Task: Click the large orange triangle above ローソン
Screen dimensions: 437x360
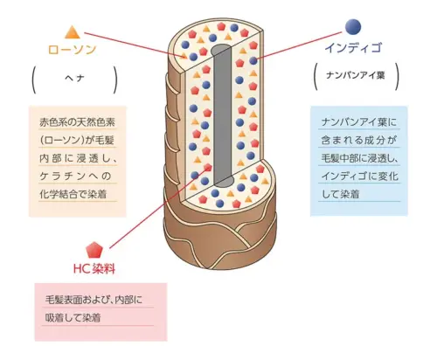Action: click(73, 32)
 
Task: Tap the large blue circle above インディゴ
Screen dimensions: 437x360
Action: click(353, 27)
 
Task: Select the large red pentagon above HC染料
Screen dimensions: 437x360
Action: click(94, 250)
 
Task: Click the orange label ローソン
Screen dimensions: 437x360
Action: click(72, 50)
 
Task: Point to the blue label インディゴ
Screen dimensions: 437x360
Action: click(353, 48)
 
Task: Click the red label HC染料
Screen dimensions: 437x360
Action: click(94, 268)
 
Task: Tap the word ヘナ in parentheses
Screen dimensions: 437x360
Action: click(74, 79)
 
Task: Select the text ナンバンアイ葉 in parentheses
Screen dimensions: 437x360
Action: click(356, 75)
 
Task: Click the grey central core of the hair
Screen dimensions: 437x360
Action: click(222, 115)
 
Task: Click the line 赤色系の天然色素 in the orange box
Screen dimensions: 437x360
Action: click(77, 122)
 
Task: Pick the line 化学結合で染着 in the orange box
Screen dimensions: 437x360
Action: click(73, 194)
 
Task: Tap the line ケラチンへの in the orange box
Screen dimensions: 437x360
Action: click(75, 176)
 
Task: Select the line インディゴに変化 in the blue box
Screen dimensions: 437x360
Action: click(359, 176)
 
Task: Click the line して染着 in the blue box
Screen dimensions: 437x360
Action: click(340, 194)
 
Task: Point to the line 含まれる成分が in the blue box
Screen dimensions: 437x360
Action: click(359, 141)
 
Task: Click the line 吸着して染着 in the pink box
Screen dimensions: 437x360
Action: click(73, 317)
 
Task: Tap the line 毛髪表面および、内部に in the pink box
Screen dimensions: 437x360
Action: click(94, 300)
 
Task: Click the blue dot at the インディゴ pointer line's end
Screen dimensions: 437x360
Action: click(253, 60)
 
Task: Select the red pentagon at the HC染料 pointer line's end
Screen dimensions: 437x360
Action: click(207, 167)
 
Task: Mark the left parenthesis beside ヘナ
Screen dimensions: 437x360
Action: click(33, 80)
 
